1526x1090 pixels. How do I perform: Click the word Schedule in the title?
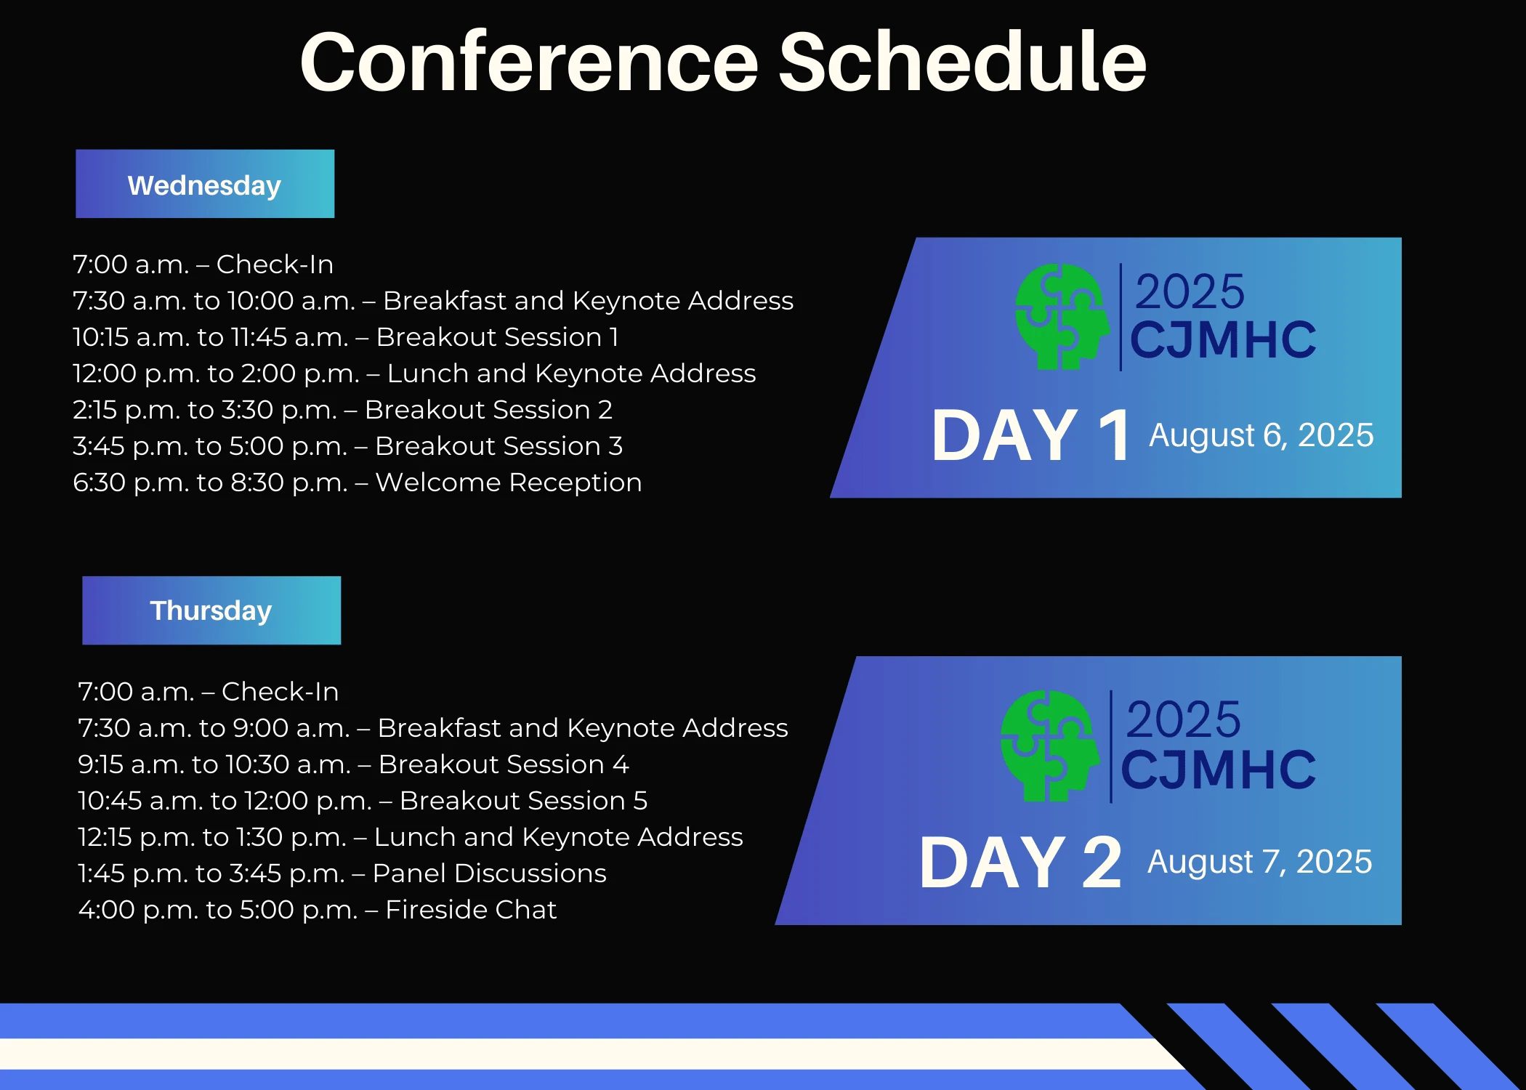pyautogui.click(x=963, y=62)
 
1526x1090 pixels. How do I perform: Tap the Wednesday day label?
pyautogui.click(x=205, y=185)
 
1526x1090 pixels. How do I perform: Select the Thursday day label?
pyautogui.click(x=211, y=610)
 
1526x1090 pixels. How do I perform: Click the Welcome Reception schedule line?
pyautogui.click(x=358, y=483)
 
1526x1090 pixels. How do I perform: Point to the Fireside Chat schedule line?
pyautogui.click(x=318, y=910)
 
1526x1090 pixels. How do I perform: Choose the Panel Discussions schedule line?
pyautogui.click(x=342, y=873)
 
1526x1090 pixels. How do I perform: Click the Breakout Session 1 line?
pyautogui.click(x=346, y=337)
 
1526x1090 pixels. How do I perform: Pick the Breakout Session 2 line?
pyautogui.click(x=343, y=410)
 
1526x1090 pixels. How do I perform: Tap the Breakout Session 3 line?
pyautogui.click(x=348, y=446)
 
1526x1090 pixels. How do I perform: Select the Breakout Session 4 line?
pyautogui.click(x=354, y=764)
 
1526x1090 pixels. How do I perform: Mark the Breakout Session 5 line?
pyautogui.click(x=363, y=801)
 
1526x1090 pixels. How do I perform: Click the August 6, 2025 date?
pyautogui.click(x=1261, y=436)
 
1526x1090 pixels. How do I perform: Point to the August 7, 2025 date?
pyautogui.click(x=1260, y=863)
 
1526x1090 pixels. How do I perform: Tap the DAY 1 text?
pyautogui.click(x=1031, y=435)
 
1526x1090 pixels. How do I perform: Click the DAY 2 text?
pyautogui.click(x=1021, y=863)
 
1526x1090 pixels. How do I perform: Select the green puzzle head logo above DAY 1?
pyautogui.click(x=1062, y=317)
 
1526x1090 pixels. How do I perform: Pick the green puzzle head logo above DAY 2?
pyautogui.click(x=1049, y=746)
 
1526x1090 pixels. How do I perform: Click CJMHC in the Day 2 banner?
pyautogui.click(x=1219, y=770)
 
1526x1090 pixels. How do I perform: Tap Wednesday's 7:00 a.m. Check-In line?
pyautogui.click(x=203, y=265)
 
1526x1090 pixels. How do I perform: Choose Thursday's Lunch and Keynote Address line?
pyautogui.click(x=411, y=837)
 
